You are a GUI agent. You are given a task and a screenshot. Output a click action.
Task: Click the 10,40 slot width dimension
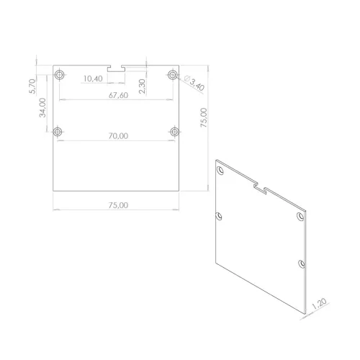coord(93,78)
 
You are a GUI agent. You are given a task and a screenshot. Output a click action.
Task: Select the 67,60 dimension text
coord(118,95)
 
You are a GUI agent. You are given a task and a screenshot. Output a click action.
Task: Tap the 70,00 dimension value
coord(118,136)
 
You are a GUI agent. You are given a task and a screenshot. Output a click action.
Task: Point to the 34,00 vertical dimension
coord(42,108)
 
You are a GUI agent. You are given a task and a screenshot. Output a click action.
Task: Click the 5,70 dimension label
coord(32,86)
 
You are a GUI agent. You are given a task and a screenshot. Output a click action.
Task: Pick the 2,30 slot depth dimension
coord(142,86)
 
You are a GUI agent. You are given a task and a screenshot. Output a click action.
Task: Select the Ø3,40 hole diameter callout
coord(194,83)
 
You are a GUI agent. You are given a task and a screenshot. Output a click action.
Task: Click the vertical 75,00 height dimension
coord(204,117)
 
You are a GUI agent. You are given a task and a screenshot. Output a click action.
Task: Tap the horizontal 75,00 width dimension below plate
coord(118,205)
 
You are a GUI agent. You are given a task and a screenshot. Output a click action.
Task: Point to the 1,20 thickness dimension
coord(319,304)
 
